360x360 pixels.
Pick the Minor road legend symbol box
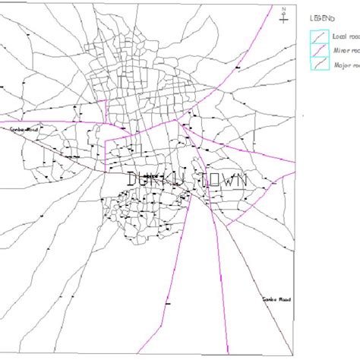317,50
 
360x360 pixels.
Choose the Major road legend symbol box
317,64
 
